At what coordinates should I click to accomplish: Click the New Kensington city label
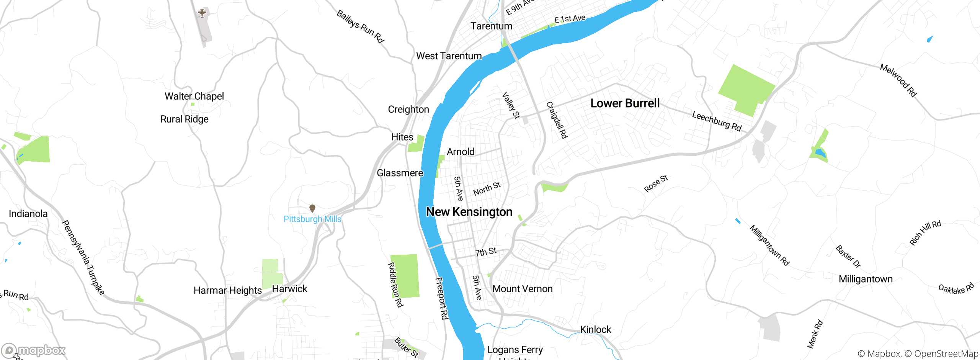click(469, 212)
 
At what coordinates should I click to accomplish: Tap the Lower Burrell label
click(625, 103)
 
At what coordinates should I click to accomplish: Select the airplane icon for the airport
click(202, 13)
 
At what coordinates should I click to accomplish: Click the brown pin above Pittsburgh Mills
click(312, 208)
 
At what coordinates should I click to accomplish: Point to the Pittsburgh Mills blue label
click(312, 219)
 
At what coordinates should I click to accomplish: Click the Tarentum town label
click(491, 26)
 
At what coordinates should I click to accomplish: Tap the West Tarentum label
click(449, 56)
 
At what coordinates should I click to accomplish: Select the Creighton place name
click(408, 110)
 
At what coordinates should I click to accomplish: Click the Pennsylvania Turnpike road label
click(83, 257)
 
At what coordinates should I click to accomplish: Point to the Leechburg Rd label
click(717, 121)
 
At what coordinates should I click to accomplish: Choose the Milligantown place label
click(866, 279)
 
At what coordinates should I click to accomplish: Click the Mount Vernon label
click(523, 289)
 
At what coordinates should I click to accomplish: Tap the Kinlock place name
click(596, 329)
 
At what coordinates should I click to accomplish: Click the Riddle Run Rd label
click(395, 285)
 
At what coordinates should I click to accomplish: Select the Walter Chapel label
click(194, 96)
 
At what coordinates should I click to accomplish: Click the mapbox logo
click(34, 350)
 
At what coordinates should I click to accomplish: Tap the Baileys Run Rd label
click(360, 26)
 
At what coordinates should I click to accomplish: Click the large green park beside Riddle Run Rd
click(405, 276)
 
